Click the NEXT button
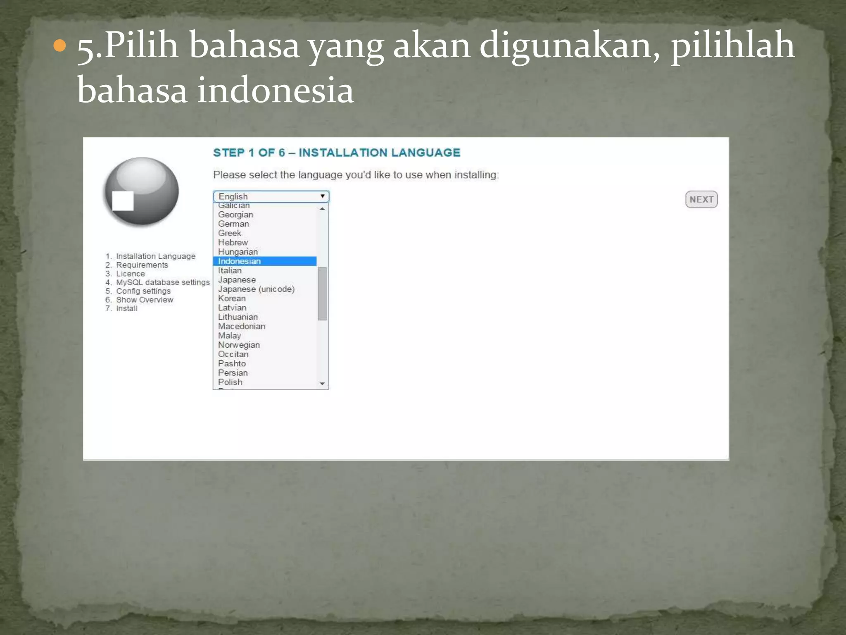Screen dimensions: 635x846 701,199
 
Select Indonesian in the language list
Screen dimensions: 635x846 240,261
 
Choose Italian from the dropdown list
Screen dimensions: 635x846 230,270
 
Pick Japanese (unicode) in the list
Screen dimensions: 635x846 256,289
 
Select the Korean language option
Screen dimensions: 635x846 232,298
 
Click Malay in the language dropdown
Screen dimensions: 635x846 229,336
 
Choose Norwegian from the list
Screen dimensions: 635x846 239,345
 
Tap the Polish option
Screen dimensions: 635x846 230,382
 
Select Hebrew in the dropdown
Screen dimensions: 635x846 233,242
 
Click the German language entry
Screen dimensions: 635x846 233,224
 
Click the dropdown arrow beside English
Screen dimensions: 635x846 322,196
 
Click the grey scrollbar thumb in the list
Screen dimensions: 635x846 322,294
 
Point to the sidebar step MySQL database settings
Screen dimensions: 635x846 163,282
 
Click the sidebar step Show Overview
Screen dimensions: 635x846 145,300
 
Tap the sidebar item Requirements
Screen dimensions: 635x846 142,265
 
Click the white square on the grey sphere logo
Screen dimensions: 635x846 123,201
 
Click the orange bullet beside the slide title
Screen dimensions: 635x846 60,45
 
